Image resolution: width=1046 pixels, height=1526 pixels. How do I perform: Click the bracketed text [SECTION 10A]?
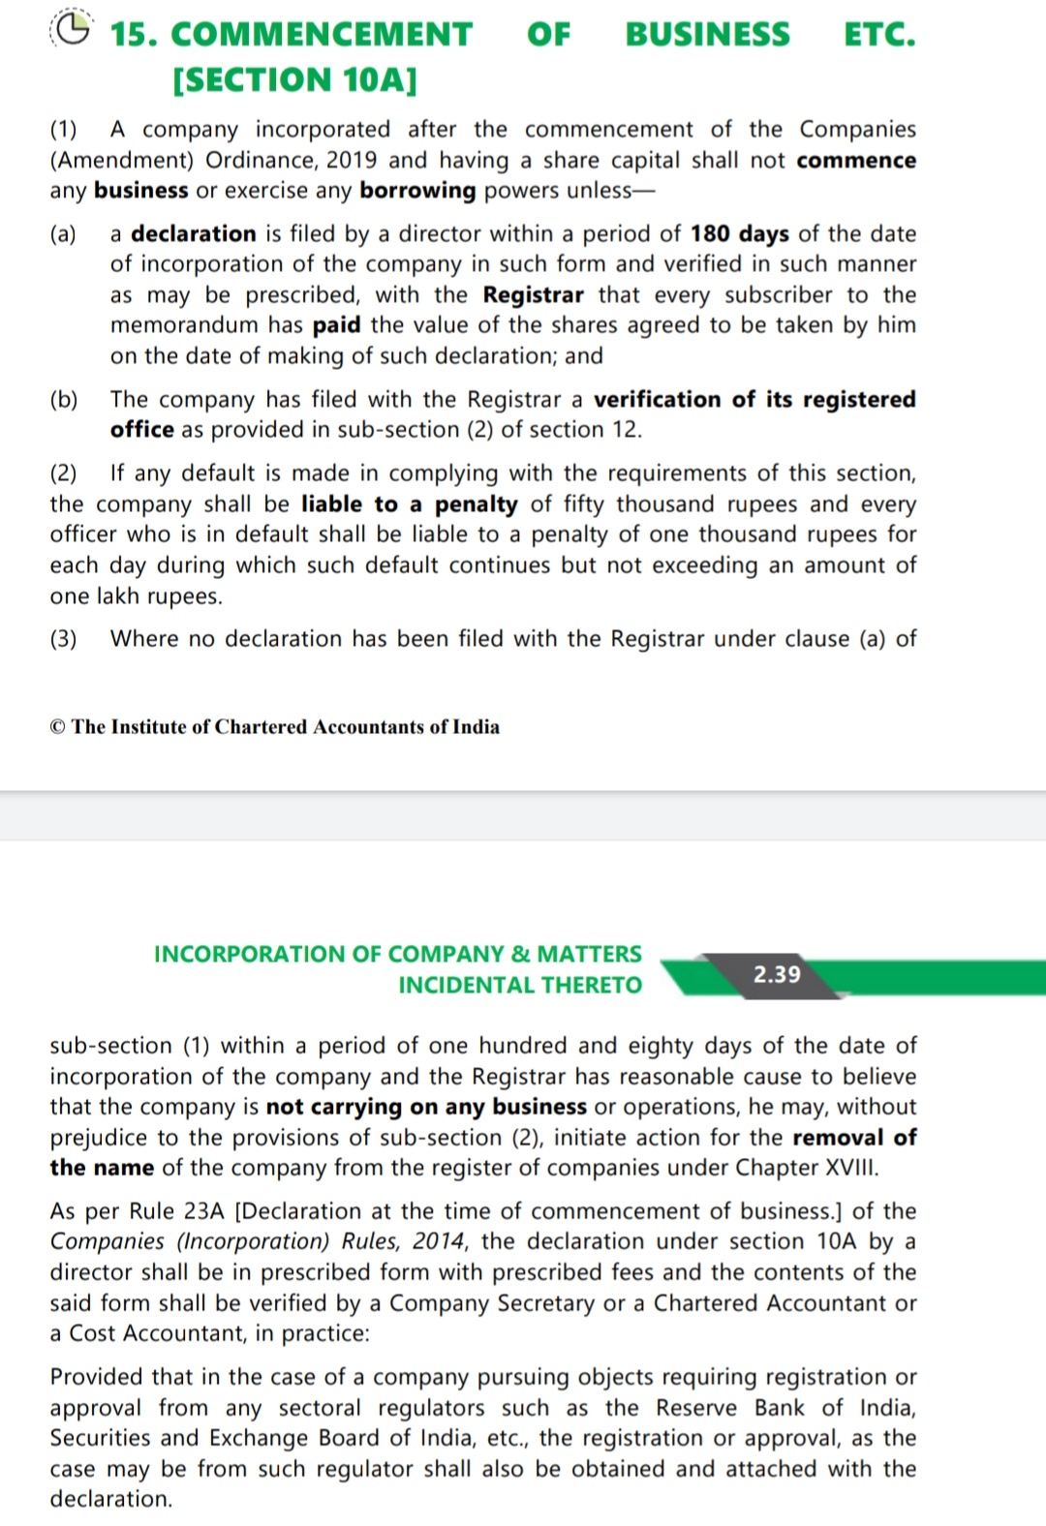[x=294, y=79]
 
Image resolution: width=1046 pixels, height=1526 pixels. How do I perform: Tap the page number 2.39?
[x=777, y=974]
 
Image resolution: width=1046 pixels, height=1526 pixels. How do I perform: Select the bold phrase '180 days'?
[x=739, y=233]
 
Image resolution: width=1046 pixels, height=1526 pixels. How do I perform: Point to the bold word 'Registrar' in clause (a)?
[x=533, y=294]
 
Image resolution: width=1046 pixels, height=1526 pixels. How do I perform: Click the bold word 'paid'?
[x=336, y=325]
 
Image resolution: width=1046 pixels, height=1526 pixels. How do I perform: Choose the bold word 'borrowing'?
[x=417, y=191]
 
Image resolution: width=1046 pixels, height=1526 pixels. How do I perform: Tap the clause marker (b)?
[x=64, y=400]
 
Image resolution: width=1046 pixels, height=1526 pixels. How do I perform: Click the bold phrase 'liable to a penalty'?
[x=409, y=504]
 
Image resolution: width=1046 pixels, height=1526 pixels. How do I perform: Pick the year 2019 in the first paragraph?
[x=353, y=160]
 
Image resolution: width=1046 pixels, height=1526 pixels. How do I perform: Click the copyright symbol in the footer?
[x=58, y=727]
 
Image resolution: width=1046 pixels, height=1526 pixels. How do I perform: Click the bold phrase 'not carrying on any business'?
[x=426, y=1107]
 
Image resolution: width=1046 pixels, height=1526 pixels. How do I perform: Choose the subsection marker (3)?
[x=64, y=639]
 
